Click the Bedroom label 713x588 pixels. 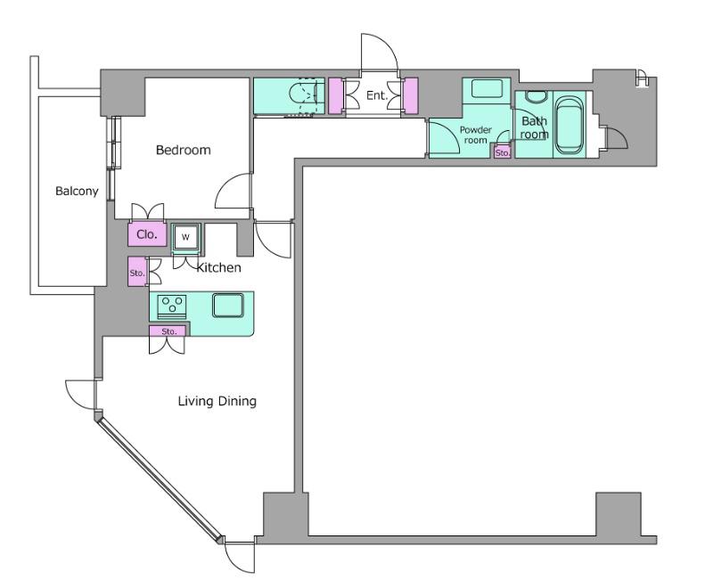tap(184, 150)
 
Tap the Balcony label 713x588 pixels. tap(77, 191)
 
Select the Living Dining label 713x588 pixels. tap(217, 401)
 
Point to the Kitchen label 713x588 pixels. tap(218, 267)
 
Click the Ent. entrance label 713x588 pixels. tap(376, 95)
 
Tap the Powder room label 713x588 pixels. tap(476, 135)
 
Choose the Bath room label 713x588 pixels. tap(534, 127)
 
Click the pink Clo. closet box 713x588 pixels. tap(147, 234)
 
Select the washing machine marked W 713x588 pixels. tap(185, 237)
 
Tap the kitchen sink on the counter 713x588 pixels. tap(228, 305)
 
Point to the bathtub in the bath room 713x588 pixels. tap(570, 125)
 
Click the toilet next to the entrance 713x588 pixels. tap(303, 96)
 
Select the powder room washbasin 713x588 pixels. tap(487, 88)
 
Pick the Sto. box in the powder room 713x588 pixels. tap(503, 152)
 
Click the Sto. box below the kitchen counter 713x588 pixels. tap(168, 331)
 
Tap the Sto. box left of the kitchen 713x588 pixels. tap(137, 272)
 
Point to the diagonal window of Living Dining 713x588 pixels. tap(160, 481)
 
